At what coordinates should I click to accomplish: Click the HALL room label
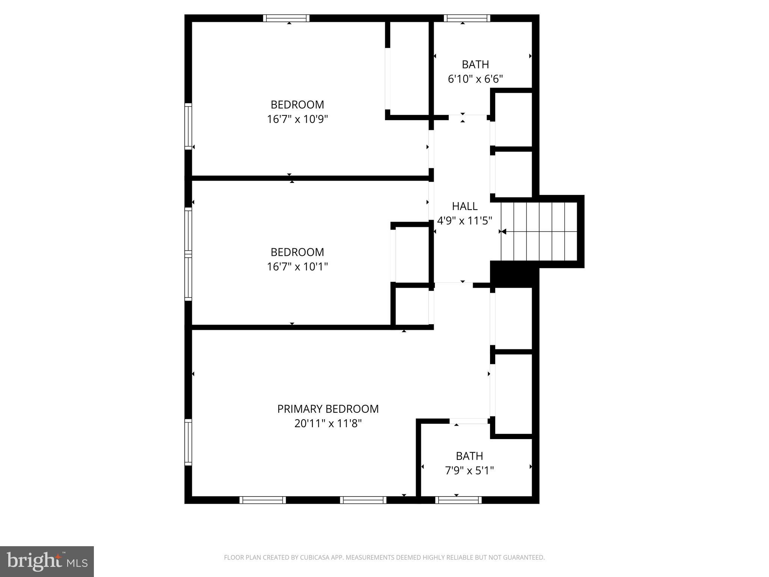(x=464, y=206)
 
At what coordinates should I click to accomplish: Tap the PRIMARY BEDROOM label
(x=328, y=409)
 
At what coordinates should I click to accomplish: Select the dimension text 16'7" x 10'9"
(x=297, y=119)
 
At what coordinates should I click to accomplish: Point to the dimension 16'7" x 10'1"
(x=297, y=267)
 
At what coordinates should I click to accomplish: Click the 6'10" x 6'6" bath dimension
(x=475, y=79)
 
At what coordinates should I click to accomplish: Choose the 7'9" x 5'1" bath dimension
(x=469, y=470)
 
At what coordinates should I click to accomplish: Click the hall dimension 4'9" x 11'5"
(x=464, y=221)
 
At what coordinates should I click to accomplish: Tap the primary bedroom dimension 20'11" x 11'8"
(x=328, y=423)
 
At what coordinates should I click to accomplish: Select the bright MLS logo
(x=47, y=561)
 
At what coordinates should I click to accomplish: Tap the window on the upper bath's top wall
(x=467, y=18)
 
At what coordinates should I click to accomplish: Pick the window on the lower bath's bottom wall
(x=458, y=500)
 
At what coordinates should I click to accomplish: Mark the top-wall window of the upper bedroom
(x=286, y=18)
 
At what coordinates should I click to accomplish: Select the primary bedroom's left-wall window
(x=188, y=442)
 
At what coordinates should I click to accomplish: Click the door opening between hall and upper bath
(x=468, y=117)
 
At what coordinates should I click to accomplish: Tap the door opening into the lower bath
(x=469, y=421)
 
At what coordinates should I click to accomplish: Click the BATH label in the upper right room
(x=475, y=65)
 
